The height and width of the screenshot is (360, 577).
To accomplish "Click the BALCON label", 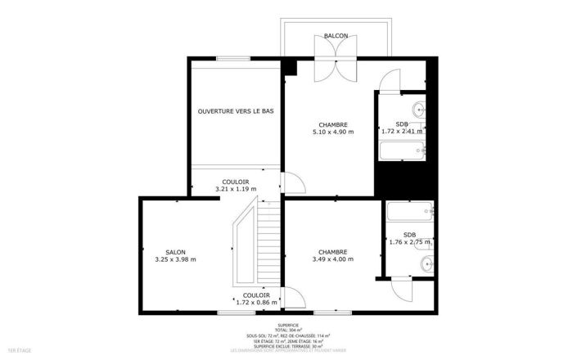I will click(336, 36).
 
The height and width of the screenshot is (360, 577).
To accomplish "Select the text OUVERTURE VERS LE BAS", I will click(236, 110).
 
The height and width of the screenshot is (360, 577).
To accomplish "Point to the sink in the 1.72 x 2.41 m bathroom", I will click(418, 108).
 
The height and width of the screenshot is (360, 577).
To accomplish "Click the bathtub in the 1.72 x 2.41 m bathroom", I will click(403, 149).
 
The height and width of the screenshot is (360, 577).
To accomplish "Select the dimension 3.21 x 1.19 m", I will click(236, 189).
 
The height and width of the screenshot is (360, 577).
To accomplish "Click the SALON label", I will click(175, 252).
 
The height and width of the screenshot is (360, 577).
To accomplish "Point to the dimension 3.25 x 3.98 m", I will click(175, 260).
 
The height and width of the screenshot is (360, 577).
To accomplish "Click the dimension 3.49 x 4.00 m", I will click(333, 260).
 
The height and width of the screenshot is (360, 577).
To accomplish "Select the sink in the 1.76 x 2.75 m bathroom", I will click(424, 263).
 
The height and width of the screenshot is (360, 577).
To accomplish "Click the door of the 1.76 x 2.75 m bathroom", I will click(401, 288).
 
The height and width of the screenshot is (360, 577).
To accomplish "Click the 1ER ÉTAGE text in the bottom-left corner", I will click(19, 351).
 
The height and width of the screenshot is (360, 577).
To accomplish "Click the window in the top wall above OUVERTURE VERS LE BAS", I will click(233, 58).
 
